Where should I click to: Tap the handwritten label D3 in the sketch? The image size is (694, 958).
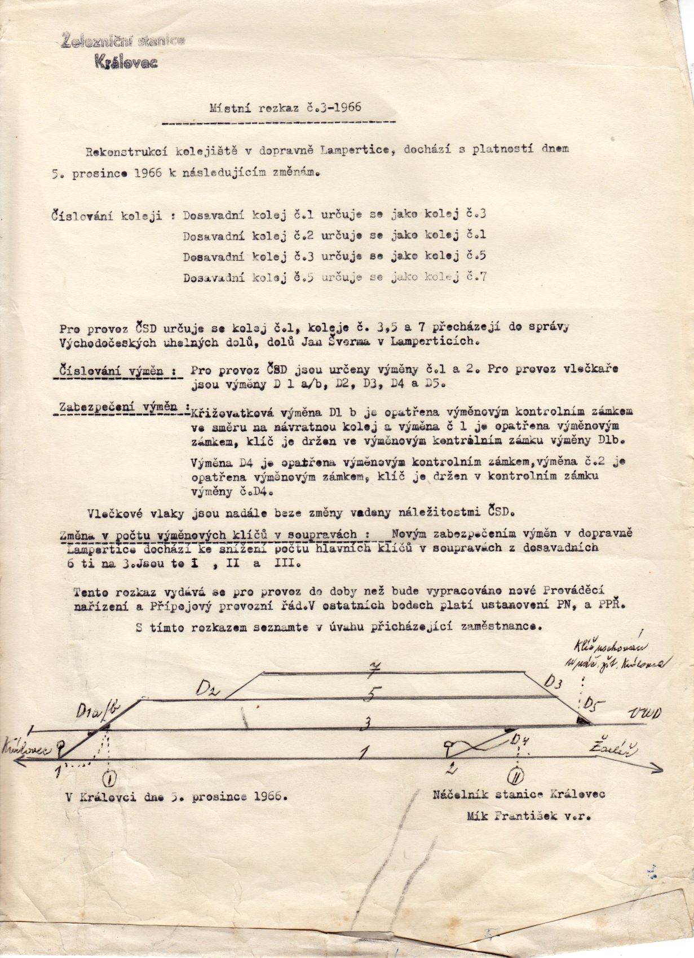553,682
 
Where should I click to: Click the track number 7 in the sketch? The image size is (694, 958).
371,671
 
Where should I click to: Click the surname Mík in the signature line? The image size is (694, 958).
478,816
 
